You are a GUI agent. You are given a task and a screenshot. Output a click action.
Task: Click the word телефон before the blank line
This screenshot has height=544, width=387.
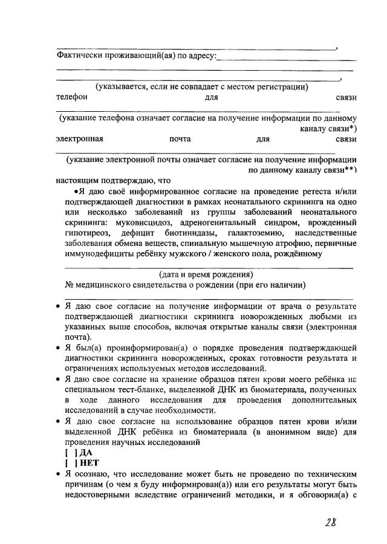click(71, 97)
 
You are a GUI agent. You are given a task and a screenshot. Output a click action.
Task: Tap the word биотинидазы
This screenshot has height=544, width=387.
click(189, 233)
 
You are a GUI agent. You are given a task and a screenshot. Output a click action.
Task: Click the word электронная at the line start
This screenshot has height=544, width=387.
click(79, 139)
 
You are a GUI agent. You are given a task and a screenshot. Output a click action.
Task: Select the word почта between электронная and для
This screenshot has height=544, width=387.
click(180, 139)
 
